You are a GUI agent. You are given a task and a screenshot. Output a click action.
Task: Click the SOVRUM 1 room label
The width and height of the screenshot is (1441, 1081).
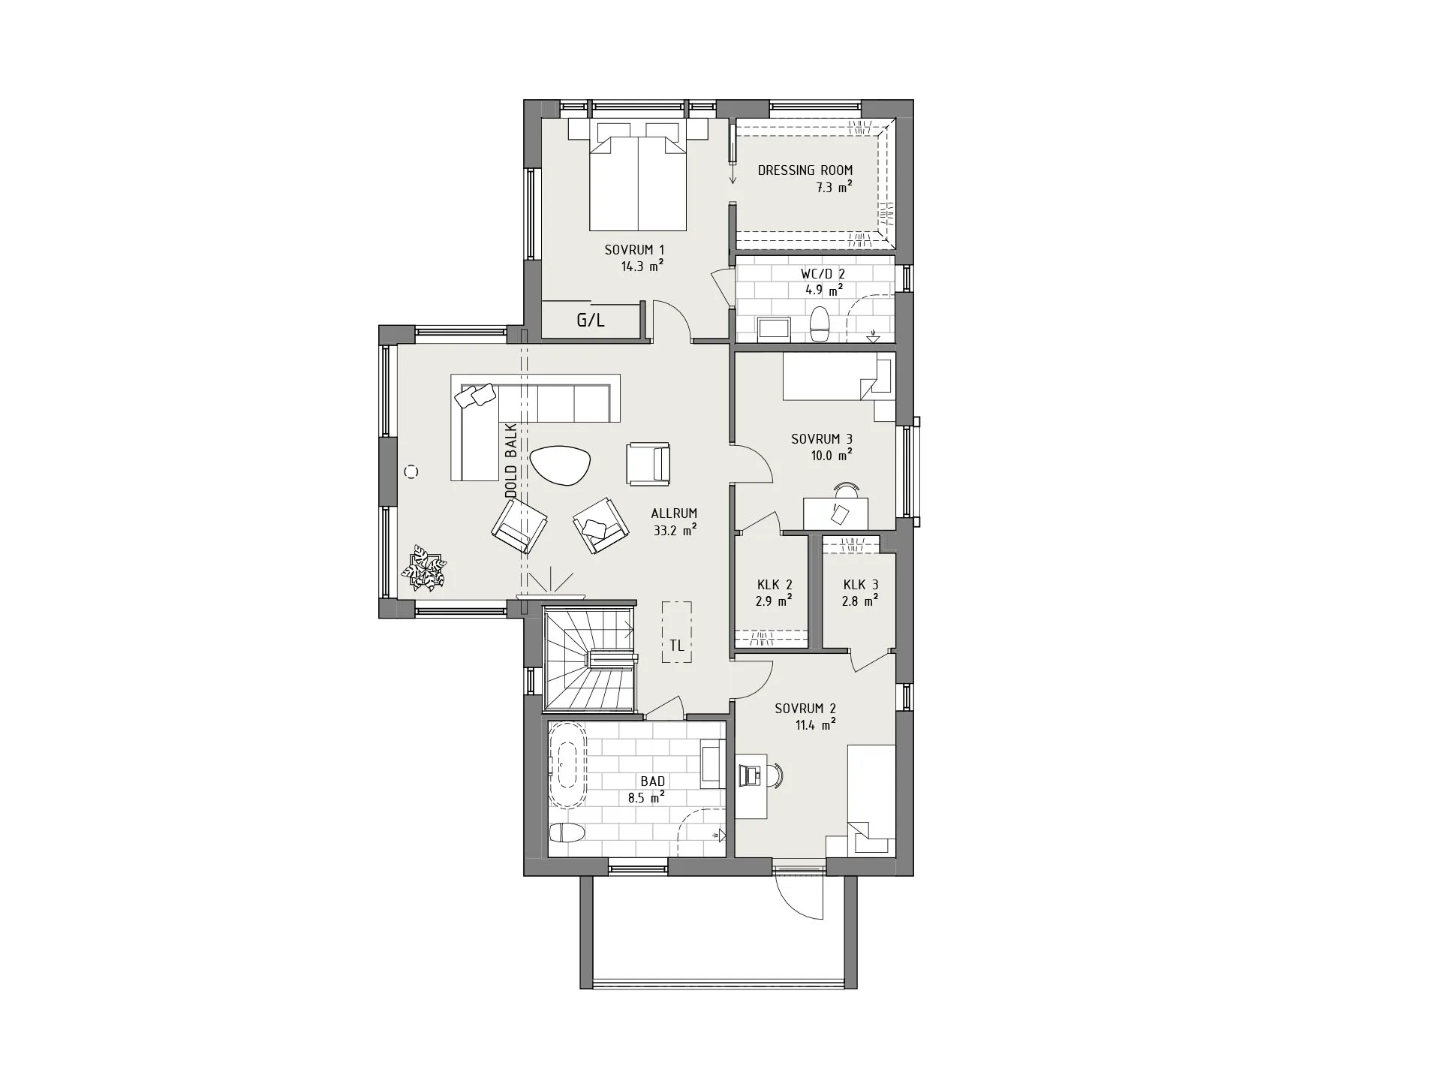[634, 250]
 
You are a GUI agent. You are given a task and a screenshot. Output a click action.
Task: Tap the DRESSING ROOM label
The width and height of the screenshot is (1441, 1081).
[805, 170]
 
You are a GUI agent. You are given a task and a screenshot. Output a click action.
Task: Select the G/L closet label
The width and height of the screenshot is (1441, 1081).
[591, 321]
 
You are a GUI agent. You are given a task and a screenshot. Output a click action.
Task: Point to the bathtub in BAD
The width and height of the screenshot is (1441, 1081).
[568, 766]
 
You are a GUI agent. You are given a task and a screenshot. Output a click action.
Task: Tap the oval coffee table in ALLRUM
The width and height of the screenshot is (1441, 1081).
[561, 466]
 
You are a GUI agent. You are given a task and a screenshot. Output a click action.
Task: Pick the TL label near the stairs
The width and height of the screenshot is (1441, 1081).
[677, 645]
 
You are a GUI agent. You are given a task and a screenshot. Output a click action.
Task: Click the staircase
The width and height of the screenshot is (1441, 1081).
[590, 659]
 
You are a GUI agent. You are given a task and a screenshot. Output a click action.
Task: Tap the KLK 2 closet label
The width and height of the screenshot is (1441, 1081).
[775, 585]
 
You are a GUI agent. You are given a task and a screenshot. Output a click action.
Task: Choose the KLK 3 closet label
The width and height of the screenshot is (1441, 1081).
[860, 584]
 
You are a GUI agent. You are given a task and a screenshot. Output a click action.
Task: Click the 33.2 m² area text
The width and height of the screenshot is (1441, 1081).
[675, 530]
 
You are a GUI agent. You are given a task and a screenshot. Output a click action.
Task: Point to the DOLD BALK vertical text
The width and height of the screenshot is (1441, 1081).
[511, 461]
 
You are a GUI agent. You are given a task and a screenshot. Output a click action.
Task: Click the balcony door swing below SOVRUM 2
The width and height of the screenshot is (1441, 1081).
[799, 896]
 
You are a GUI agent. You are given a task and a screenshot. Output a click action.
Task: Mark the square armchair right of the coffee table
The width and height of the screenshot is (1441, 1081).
[648, 464]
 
